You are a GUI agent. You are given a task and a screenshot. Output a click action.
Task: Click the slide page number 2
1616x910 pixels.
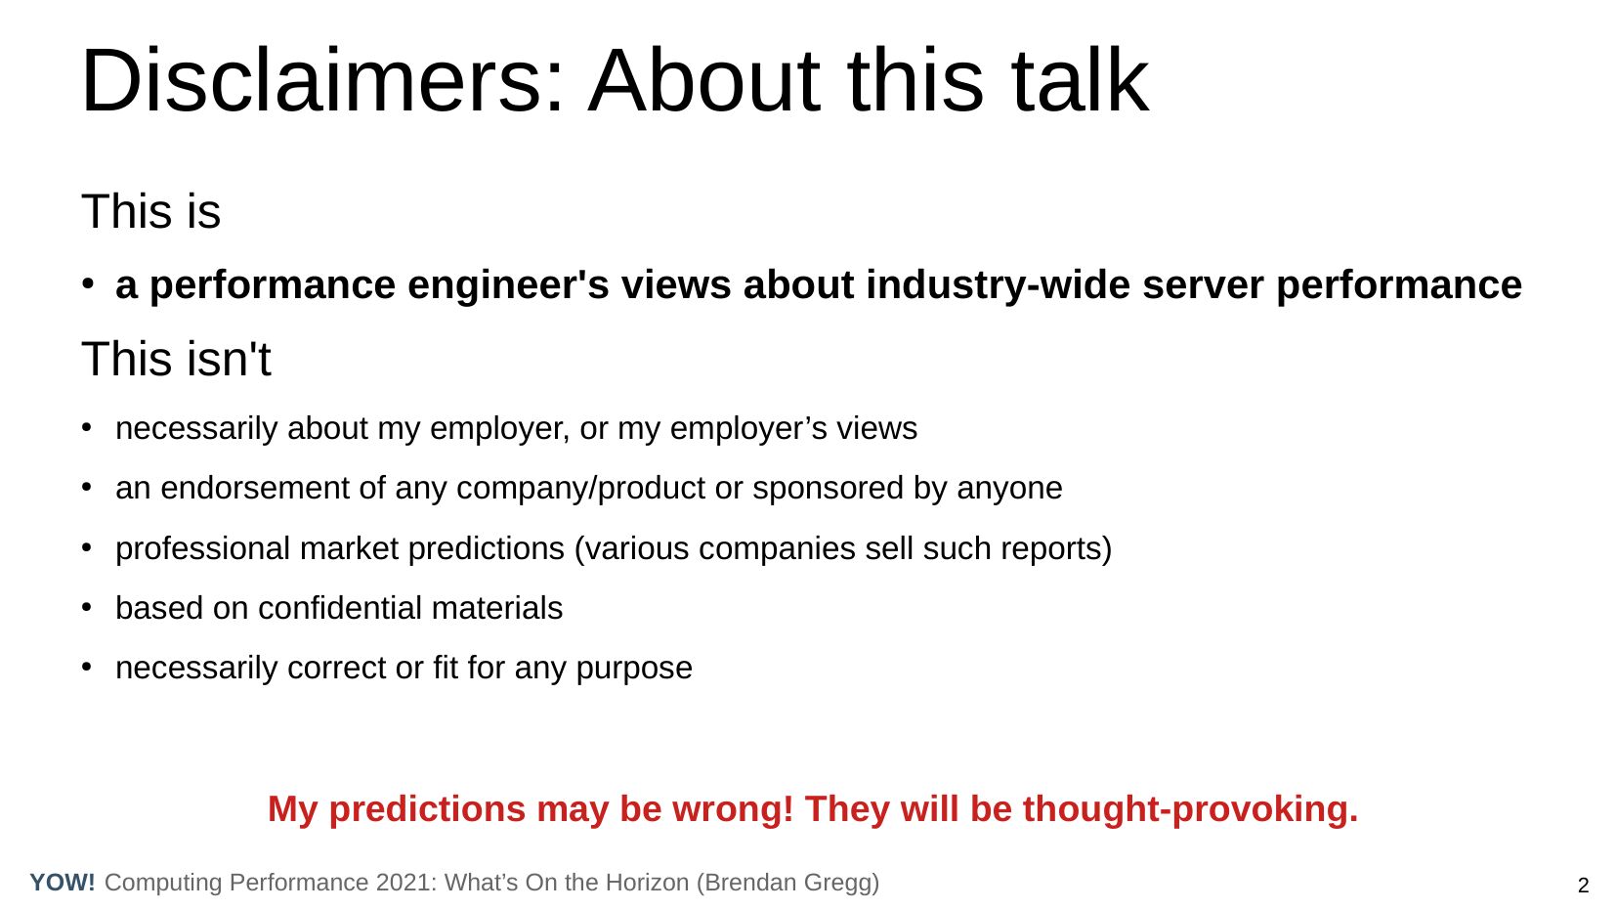(1584, 886)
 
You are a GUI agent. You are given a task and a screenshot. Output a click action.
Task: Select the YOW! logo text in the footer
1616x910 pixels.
(63, 883)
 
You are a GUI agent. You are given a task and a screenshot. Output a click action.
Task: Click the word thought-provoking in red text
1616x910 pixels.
(1190, 809)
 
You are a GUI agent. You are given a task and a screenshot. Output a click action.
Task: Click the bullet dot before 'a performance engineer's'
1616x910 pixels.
(87, 283)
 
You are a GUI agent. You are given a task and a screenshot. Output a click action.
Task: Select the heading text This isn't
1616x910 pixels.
(176, 359)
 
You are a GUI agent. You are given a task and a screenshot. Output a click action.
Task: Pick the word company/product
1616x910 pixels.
(580, 489)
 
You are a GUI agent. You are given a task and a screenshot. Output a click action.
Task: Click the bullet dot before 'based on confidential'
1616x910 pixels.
(87, 607)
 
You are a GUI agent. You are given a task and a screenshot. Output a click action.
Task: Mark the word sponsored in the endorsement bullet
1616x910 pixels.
(829, 489)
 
